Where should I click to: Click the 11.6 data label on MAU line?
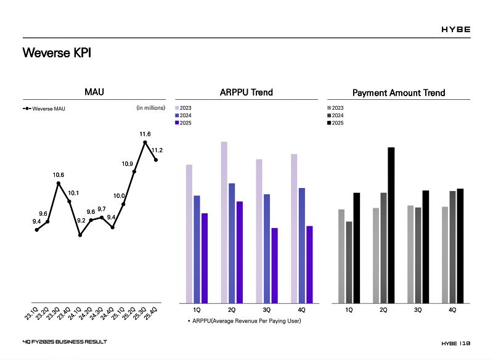point(145,134)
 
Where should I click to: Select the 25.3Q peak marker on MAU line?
point(145,142)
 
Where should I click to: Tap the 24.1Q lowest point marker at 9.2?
point(80,235)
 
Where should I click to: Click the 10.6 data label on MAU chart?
point(59,175)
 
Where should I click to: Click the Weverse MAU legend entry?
point(44,109)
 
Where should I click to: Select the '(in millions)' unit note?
point(150,108)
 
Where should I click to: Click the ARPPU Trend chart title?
point(246,92)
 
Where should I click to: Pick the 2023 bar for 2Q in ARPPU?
point(224,222)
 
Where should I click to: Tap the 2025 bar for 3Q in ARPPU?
point(274,265)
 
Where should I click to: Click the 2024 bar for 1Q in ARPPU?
point(197,249)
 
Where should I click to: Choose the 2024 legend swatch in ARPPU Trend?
point(177,115)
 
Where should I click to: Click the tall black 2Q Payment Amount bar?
point(391,224)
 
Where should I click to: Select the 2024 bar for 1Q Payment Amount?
point(349,262)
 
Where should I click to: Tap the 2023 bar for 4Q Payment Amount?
point(445,254)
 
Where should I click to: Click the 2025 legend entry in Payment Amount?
point(335,123)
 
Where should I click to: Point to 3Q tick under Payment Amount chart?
point(418,309)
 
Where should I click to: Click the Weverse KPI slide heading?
point(57,53)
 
